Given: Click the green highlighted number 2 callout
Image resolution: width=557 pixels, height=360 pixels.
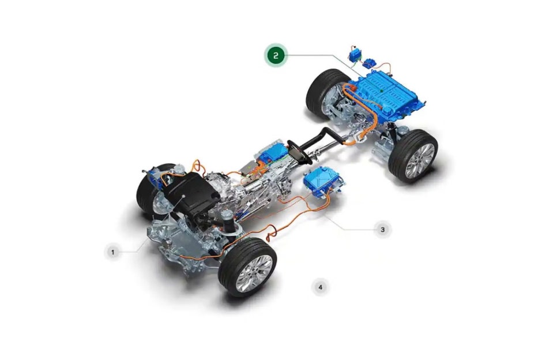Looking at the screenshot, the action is [x=276, y=55].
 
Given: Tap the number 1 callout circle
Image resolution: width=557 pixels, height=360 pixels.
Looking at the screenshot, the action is [x=113, y=252].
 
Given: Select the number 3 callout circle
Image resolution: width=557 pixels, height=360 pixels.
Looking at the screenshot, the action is [x=383, y=230].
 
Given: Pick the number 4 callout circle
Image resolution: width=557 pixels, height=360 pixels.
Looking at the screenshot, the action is [x=321, y=287].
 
